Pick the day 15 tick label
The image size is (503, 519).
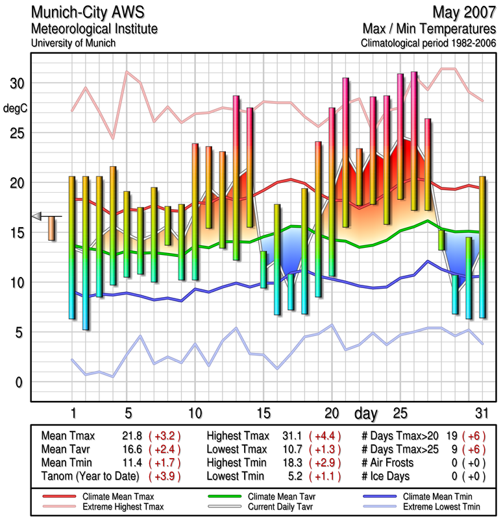pyautogui.click(x=264, y=413)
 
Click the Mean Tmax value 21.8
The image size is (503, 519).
pyautogui.click(x=132, y=435)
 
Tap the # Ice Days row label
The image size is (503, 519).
pyautogui.click(x=387, y=476)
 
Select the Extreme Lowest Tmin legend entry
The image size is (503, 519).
pyautogui.click(x=432, y=505)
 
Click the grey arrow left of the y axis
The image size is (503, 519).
pyautogui.click(x=38, y=216)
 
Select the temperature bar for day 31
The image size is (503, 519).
pyautogui.click(x=482, y=247)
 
